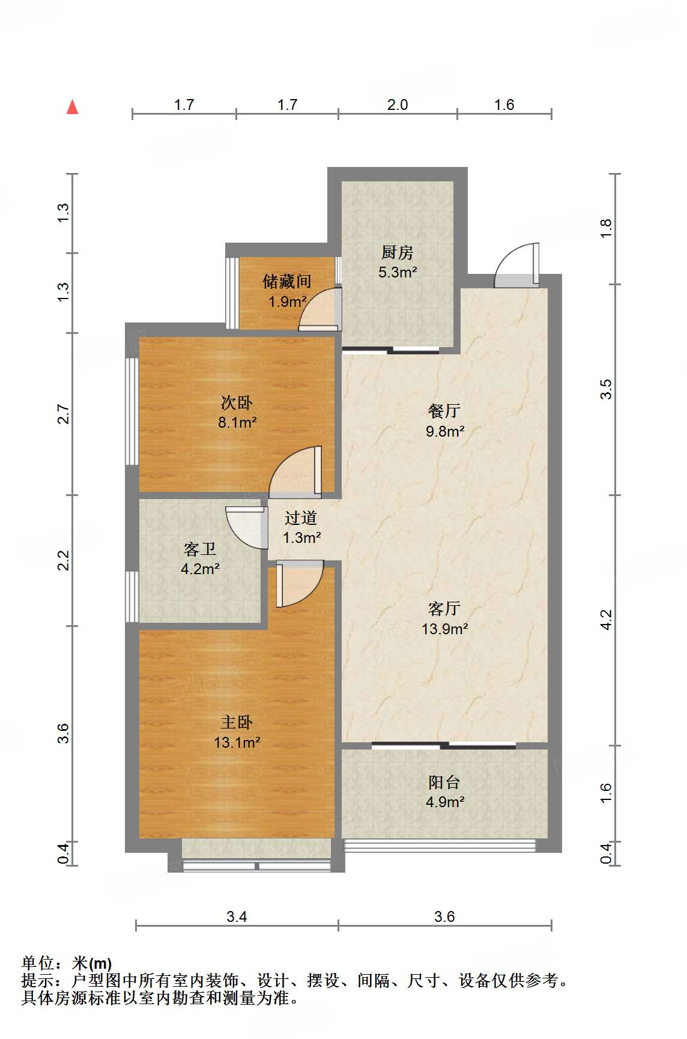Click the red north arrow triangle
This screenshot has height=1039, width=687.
(x=73, y=107)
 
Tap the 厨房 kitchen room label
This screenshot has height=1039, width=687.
(x=398, y=253)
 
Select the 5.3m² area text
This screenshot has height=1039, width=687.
(x=398, y=272)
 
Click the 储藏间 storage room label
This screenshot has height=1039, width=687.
(x=287, y=281)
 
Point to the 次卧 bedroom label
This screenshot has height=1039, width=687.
(x=237, y=402)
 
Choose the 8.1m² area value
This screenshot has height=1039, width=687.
(x=237, y=422)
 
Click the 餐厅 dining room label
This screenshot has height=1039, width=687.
(x=444, y=411)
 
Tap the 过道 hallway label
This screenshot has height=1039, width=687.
(x=301, y=518)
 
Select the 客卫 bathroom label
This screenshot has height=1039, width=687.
(x=200, y=549)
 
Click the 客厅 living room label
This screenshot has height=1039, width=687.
(x=444, y=608)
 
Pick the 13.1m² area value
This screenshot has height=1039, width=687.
(x=237, y=742)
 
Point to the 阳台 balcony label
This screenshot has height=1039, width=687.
(x=444, y=782)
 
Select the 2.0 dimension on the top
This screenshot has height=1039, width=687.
(x=398, y=105)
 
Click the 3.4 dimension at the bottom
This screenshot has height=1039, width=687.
(x=237, y=916)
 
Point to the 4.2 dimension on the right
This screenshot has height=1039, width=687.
(x=606, y=620)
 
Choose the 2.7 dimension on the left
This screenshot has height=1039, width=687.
(x=63, y=415)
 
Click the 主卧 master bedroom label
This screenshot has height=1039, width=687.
(x=237, y=722)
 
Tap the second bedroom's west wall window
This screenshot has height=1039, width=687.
(x=132, y=411)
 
